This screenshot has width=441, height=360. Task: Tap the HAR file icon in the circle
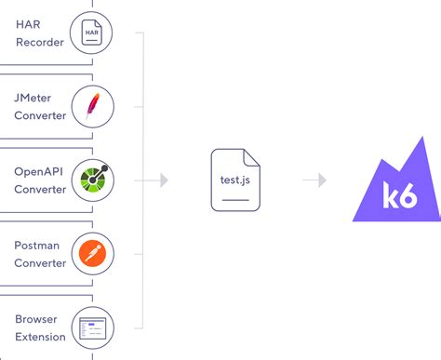point(92,33)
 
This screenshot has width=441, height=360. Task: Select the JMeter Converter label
point(40,107)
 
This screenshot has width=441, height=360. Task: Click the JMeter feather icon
point(92,106)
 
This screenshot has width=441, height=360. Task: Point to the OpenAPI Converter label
point(40,180)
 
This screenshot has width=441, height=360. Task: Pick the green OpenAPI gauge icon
point(92,180)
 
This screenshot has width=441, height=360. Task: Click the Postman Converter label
point(40,253)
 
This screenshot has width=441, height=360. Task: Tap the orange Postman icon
point(92,253)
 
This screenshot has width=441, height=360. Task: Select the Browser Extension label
point(40,327)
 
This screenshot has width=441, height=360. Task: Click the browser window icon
point(92,327)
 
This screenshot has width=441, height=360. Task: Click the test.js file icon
point(234,180)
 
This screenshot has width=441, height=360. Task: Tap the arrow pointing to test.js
point(163,180)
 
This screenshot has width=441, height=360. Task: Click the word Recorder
point(40,42)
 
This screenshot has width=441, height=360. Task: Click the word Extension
point(40,337)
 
